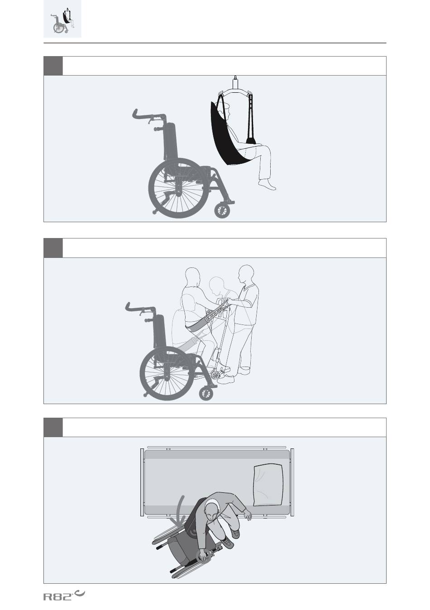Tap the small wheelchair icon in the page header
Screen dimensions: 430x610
pos(62,19)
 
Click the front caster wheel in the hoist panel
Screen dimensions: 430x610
pos(222,211)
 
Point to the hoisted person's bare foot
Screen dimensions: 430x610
pos(267,184)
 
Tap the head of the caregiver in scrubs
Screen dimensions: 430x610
pos(246,274)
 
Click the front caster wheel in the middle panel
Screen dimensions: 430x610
pos(206,394)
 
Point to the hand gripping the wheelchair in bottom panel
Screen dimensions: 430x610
pos(203,555)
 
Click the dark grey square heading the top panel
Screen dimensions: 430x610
pos(53,66)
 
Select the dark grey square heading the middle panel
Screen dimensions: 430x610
pos(53,248)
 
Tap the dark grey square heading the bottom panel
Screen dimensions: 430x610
pos(53,427)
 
